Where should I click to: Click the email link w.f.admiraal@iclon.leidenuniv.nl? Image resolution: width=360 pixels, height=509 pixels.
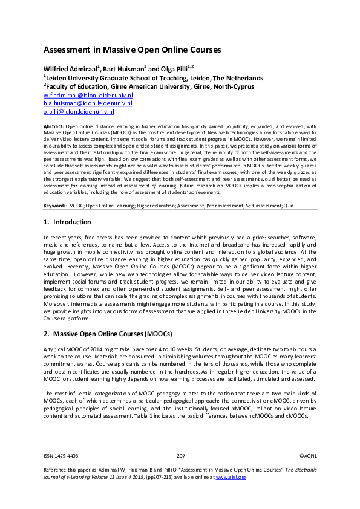[79, 96]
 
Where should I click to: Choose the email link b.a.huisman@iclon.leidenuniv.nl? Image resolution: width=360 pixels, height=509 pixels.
[79, 104]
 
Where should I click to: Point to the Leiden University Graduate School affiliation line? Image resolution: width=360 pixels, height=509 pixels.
[154, 78]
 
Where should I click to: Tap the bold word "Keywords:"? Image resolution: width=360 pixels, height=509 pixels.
[56, 206]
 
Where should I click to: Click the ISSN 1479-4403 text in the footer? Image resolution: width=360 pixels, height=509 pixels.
[61, 456]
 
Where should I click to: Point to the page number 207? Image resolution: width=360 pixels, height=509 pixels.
[180, 456]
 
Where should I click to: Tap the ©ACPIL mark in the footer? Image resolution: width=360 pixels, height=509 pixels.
[308, 456]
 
